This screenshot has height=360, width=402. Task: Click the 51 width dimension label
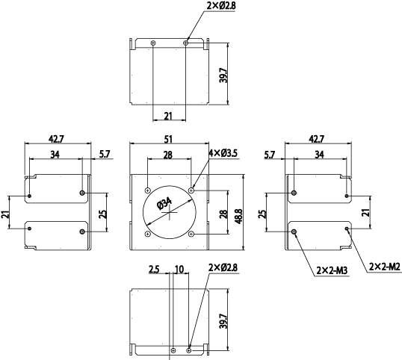[168, 140]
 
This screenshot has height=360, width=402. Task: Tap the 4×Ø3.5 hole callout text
[223, 153]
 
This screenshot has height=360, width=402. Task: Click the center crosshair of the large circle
[170, 212]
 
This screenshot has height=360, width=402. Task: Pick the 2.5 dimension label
[154, 270]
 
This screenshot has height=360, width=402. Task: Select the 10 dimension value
[179, 270]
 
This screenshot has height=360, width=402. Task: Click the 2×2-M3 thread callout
[332, 270]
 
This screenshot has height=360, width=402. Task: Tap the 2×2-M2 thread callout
[385, 267]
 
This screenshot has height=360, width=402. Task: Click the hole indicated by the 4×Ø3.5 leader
[191, 190]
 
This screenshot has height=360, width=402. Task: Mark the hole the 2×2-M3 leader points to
[294, 232]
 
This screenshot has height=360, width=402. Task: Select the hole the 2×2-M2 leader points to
[347, 229]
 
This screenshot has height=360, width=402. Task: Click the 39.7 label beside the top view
[224, 75]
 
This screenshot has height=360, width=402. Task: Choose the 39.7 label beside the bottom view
[224, 321]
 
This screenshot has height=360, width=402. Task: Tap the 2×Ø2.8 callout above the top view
[221, 6]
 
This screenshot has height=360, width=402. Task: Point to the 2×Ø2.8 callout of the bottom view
[223, 267]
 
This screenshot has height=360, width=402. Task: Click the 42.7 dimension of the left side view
[56, 139]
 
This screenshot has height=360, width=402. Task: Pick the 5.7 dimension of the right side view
[270, 155]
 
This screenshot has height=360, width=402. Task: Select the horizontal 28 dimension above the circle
[168, 155]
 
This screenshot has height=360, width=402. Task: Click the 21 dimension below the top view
[168, 116]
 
